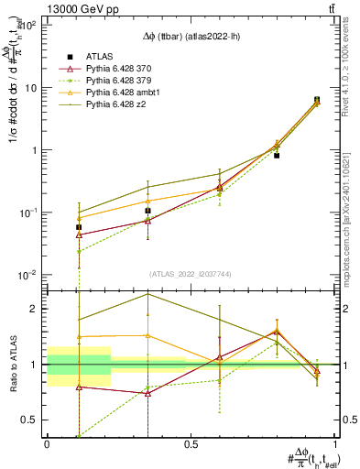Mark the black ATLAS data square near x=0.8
(277, 156)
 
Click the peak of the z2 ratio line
(147, 294)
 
